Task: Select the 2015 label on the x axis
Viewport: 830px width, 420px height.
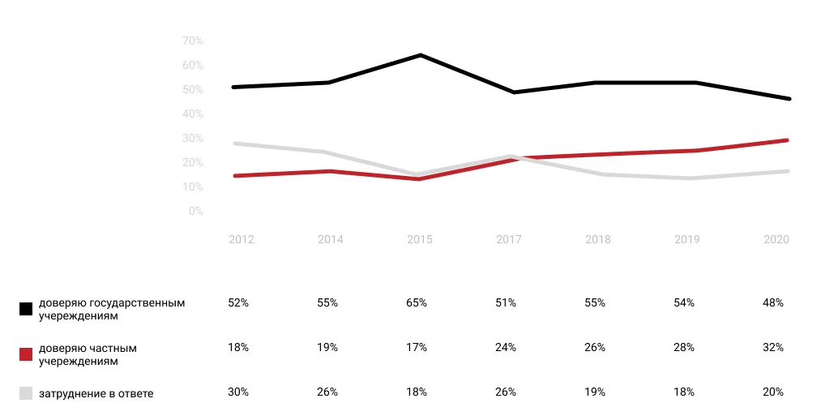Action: pyautogui.click(x=420, y=240)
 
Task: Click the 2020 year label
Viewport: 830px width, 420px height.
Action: pyautogui.click(x=777, y=240)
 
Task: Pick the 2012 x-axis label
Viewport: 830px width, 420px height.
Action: pyautogui.click(x=242, y=240)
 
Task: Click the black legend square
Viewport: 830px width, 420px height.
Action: pyautogui.click(x=26, y=309)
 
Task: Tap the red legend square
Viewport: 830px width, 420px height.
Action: pyautogui.click(x=26, y=354)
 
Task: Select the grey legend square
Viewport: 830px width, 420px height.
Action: pyautogui.click(x=26, y=393)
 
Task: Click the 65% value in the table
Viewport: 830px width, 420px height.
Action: pyautogui.click(x=417, y=302)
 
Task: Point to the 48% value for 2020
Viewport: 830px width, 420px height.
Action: pyautogui.click(x=773, y=302)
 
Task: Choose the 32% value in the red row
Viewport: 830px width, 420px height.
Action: pyautogui.click(x=773, y=347)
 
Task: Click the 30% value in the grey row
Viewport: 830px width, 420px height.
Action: pyautogui.click(x=238, y=392)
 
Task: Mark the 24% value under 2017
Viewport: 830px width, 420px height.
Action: pyautogui.click(x=506, y=347)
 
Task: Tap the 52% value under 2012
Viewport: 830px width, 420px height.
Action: pyautogui.click(x=238, y=302)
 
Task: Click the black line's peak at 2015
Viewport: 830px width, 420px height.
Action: pyautogui.click(x=420, y=55)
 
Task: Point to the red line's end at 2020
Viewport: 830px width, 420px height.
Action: pyautogui.click(x=788, y=140)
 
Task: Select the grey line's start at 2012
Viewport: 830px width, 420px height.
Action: pyautogui.click(x=233, y=144)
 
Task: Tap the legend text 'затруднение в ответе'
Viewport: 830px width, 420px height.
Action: pyautogui.click(x=96, y=394)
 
